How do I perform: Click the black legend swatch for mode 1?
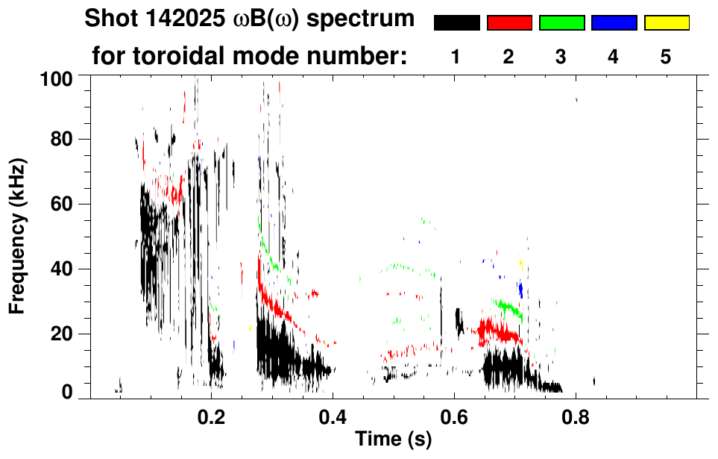[x=456, y=23]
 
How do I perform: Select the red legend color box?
[x=509, y=23]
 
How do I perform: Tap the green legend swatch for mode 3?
[x=561, y=23]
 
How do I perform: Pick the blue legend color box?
[x=614, y=23]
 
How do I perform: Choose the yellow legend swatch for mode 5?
[x=667, y=23]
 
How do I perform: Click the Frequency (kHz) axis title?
[x=19, y=236]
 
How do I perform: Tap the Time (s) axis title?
[x=393, y=440]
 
